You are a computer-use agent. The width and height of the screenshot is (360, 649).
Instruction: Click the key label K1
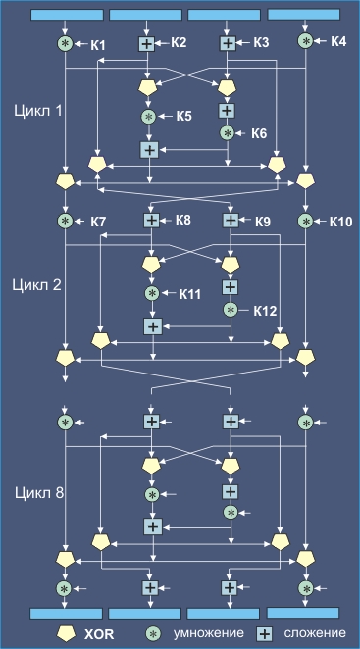97,45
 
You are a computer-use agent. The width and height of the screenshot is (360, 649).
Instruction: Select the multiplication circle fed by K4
306,41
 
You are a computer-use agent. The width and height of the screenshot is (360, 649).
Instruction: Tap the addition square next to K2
146,43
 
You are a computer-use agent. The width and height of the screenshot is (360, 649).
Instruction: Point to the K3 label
262,42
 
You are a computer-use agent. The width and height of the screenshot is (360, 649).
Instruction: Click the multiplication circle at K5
148,117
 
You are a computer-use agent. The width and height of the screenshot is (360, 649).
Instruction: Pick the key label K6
259,133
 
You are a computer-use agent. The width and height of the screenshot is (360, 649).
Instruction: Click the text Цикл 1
38,110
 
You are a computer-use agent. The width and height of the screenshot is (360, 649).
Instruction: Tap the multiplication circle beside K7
65,221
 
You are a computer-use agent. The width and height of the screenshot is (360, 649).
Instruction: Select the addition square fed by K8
152,221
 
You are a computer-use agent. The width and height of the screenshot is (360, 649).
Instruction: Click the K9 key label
263,222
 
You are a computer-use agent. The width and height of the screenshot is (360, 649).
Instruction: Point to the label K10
340,222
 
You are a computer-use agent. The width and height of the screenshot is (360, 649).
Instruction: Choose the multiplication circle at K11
152,293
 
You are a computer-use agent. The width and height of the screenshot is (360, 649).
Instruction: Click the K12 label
265,311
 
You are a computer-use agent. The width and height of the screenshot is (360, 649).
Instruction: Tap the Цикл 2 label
37,285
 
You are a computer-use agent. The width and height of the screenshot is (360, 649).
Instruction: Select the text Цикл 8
39,493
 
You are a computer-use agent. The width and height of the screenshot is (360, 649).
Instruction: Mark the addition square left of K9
231,221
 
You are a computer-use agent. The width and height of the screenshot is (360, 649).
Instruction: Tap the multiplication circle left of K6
228,133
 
